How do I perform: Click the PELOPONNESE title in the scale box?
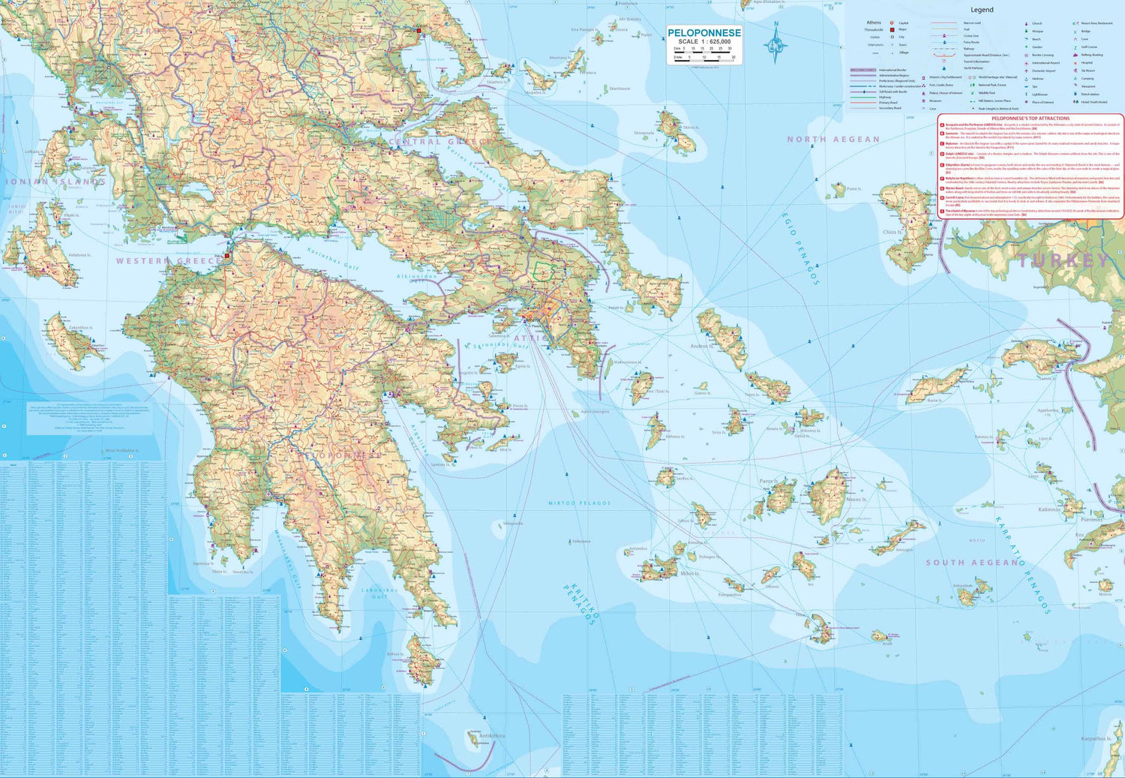(x=704, y=33)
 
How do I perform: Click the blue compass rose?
(x=775, y=44)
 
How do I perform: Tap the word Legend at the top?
(x=981, y=10)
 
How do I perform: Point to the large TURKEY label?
(x=1063, y=261)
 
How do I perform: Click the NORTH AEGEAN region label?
(x=833, y=140)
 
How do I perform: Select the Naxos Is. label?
(x=856, y=500)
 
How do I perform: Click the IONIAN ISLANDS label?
(x=55, y=182)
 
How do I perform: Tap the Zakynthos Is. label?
(x=80, y=328)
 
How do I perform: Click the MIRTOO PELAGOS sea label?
(x=579, y=503)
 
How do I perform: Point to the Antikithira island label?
(x=492, y=736)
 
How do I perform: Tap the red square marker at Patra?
(x=227, y=256)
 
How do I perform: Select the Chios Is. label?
(x=893, y=233)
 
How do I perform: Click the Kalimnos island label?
(x=1049, y=509)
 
